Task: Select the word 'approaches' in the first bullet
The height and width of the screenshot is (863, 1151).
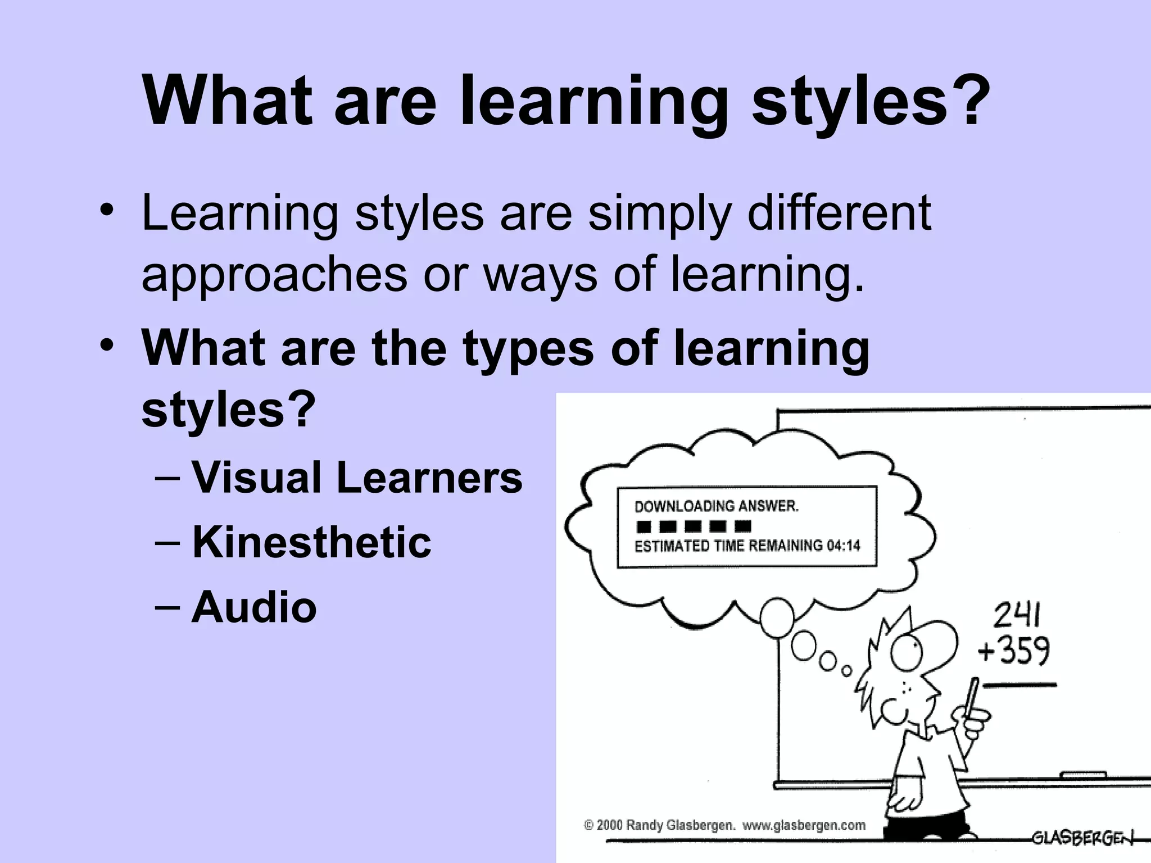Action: (274, 275)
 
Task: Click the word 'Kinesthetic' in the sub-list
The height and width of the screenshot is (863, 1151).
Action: (312, 542)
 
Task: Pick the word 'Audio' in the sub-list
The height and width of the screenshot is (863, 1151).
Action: (254, 607)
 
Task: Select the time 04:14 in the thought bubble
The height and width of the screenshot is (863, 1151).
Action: (843, 546)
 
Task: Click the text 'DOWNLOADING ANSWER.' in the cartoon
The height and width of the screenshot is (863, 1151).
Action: (717, 506)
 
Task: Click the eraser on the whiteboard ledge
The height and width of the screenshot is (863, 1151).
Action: (1082, 775)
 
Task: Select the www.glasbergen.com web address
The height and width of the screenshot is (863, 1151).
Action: (804, 825)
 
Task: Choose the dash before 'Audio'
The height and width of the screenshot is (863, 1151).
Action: (167, 607)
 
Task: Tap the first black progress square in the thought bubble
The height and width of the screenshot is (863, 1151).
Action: (643, 526)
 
